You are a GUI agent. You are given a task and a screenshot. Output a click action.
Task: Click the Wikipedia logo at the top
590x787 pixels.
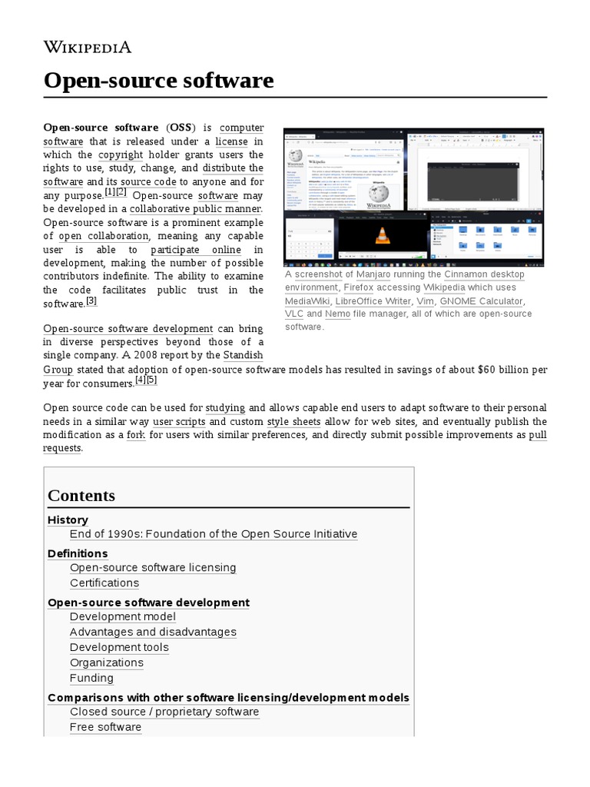click(x=88, y=47)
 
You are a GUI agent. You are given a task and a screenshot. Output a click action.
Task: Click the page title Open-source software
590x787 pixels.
click(x=158, y=80)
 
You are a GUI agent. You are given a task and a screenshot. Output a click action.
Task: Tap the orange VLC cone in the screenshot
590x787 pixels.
click(x=382, y=237)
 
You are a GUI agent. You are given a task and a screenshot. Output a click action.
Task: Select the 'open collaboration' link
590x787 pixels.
click(x=104, y=236)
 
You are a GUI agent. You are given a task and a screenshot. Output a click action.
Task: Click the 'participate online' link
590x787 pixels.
click(x=195, y=250)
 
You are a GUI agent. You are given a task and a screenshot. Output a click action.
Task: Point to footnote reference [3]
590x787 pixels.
click(x=91, y=301)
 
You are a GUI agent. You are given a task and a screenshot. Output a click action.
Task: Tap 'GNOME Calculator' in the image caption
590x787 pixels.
click(x=481, y=301)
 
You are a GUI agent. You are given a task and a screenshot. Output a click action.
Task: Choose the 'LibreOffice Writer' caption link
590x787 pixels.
click(x=373, y=301)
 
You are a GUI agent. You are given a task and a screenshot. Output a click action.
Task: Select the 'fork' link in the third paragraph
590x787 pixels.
click(x=136, y=434)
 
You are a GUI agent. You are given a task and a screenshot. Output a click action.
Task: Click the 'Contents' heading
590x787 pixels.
click(x=81, y=496)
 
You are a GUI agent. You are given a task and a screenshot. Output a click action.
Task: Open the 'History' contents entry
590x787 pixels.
click(x=68, y=520)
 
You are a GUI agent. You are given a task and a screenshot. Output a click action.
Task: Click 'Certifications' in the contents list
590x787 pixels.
click(x=104, y=583)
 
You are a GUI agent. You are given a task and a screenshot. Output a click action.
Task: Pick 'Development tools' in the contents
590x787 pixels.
click(x=119, y=647)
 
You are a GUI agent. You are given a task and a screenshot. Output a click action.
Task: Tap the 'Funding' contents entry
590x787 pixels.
click(x=91, y=678)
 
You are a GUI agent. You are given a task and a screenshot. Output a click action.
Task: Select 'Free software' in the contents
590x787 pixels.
click(x=105, y=727)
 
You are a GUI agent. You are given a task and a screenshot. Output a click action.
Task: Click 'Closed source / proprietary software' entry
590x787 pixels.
click(x=164, y=712)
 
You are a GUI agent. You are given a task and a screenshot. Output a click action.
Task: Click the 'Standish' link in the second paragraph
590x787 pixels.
click(x=243, y=355)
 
